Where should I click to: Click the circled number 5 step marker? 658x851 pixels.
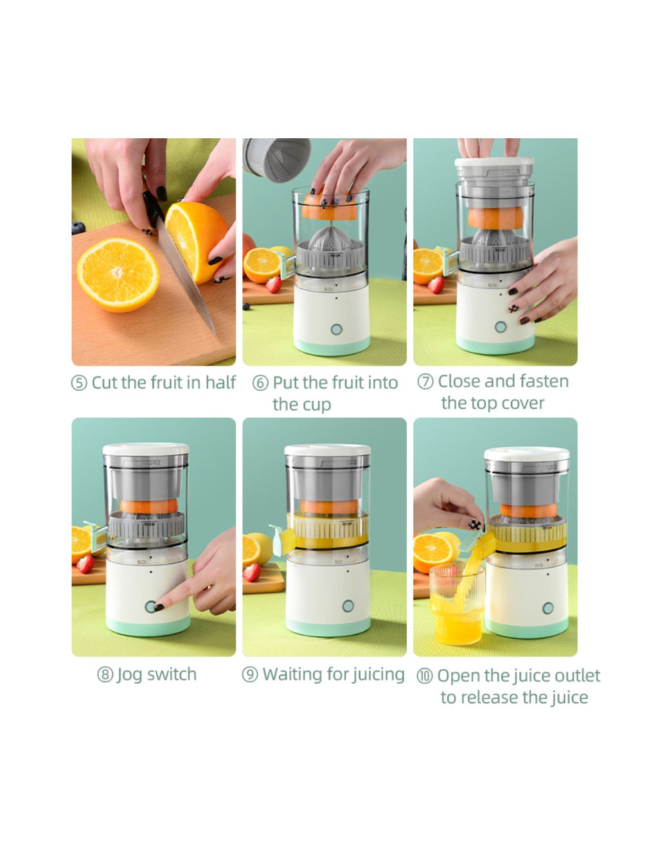[x=78, y=384]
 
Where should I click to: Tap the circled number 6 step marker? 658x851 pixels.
[x=260, y=384]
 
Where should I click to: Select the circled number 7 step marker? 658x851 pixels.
[x=425, y=382]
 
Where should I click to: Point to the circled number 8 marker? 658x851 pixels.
[x=105, y=675]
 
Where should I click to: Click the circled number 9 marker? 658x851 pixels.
[x=250, y=675]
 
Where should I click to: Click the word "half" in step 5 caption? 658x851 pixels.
[x=220, y=382]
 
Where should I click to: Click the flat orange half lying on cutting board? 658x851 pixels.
[x=118, y=275]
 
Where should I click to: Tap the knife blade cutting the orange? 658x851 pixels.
[x=185, y=275]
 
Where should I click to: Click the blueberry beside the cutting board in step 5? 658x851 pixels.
[x=78, y=228]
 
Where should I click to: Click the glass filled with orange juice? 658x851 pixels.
[x=457, y=604]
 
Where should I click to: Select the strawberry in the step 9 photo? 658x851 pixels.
[x=252, y=573]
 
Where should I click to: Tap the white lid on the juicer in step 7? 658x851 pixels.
[x=494, y=162]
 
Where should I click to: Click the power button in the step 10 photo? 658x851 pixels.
[x=547, y=608]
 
